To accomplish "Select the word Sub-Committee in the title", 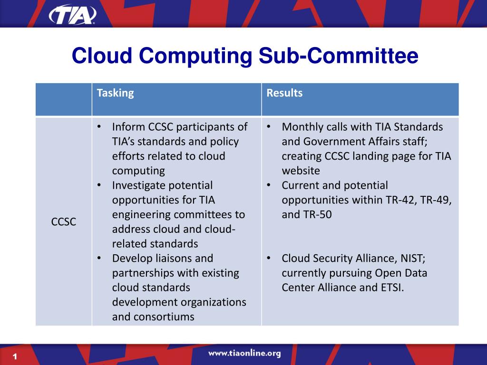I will pyautogui.click(x=339, y=56).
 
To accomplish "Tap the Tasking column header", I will pyautogui.click(x=115, y=93).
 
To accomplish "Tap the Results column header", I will pyautogui.click(x=284, y=93).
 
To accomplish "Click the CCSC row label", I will pyautogui.click(x=64, y=222).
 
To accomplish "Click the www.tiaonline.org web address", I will pyautogui.click(x=244, y=354).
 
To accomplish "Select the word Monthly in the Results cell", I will pyautogui.click(x=302, y=127).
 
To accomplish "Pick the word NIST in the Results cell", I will pyautogui.click(x=412, y=258).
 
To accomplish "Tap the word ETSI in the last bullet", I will pyautogui.click(x=391, y=287).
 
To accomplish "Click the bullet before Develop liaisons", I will pyautogui.click(x=99, y=258).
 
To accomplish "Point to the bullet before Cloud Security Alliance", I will pyautogui.click(x=269, y=258).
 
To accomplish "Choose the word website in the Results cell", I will pyautogui.click(x=301, y=171).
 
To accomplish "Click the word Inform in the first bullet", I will pyautogui.click(x=128, y=127).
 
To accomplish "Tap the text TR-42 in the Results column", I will pyautogui.click(x=396, y=200).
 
